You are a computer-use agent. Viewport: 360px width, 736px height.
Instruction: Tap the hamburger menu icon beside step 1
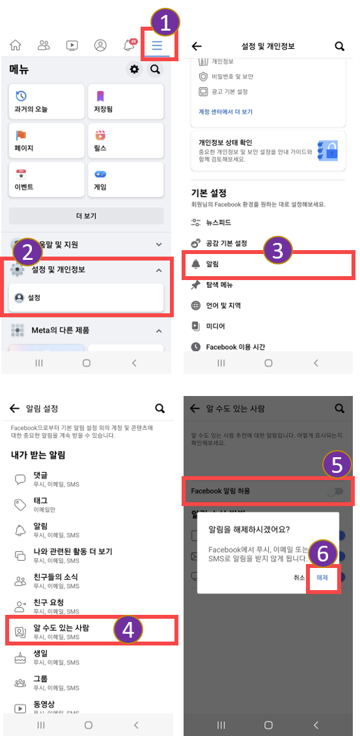[157, 46]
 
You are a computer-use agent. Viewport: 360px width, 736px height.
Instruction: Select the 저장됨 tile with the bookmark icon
[126, 101]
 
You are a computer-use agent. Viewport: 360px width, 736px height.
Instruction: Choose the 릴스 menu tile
[126, 140]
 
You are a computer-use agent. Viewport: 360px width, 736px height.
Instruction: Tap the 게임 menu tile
[126, 179]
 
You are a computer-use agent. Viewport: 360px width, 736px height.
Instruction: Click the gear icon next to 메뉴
[135, 69]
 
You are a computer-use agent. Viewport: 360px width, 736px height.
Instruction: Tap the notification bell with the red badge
[129, 46]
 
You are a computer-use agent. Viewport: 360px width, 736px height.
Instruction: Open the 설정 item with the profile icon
[87, 297]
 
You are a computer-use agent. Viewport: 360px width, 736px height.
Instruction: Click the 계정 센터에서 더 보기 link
[225, 112]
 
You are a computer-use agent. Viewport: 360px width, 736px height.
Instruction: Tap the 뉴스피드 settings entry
[219, 223]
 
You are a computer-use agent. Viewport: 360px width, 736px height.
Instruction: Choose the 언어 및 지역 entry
[224, 305]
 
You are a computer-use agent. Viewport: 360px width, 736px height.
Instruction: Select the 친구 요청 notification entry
[48, 606]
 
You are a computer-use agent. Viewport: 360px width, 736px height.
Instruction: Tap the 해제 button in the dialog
[322, 577]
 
